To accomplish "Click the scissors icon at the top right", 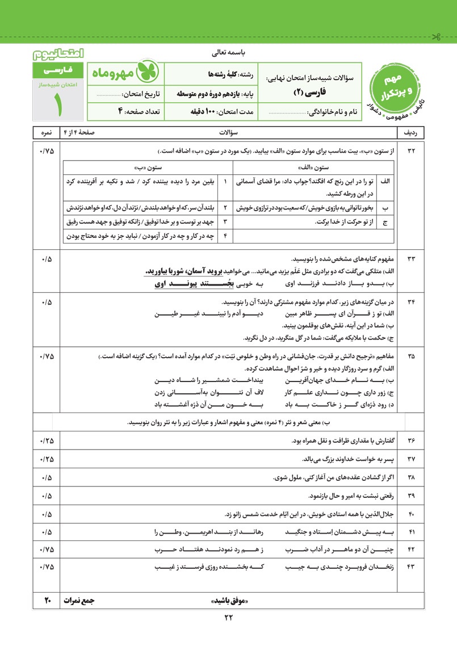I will (x=437, y=38).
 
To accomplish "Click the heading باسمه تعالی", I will (x=228, y=54).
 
